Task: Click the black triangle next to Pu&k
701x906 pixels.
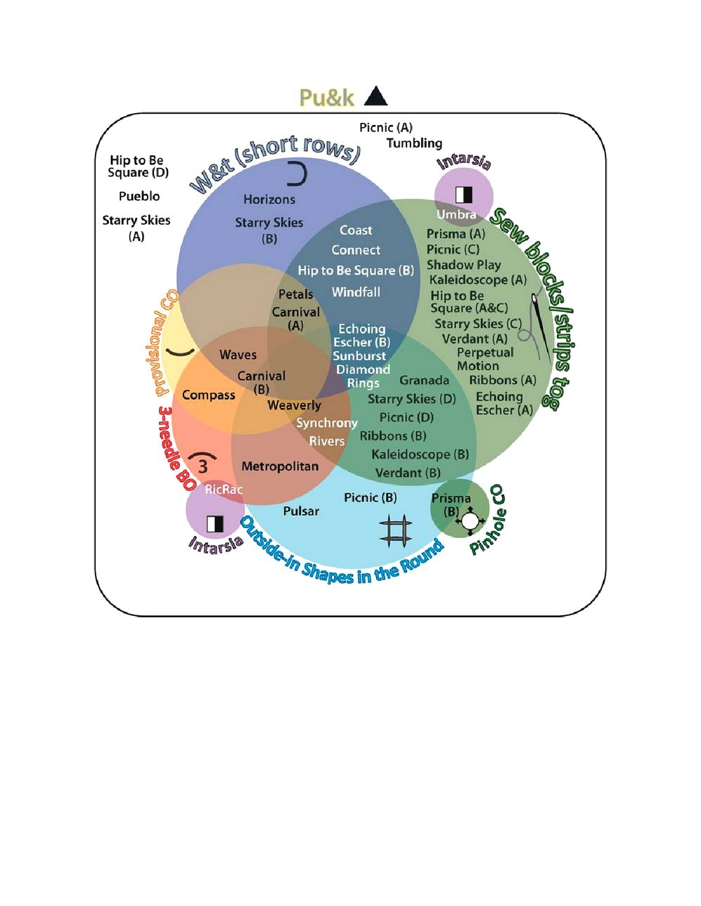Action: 376,96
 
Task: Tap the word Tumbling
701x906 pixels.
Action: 414,143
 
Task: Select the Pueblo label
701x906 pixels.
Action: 139,196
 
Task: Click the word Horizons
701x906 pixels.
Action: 269,199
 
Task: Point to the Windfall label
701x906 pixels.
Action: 356,292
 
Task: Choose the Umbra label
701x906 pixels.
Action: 456,214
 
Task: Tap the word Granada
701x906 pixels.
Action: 424,380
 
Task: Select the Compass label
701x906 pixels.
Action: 209,395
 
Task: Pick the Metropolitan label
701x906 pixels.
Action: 280,466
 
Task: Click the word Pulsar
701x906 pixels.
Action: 301,511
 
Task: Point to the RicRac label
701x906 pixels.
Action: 224,489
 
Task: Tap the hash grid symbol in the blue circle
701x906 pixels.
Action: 395,530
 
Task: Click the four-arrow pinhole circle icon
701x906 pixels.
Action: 470,522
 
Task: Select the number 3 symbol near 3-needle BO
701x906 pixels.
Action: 202,465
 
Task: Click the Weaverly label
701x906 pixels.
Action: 294,405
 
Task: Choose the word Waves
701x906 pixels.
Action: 238,355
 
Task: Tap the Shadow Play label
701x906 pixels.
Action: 463,265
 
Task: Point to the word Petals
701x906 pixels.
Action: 295,294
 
